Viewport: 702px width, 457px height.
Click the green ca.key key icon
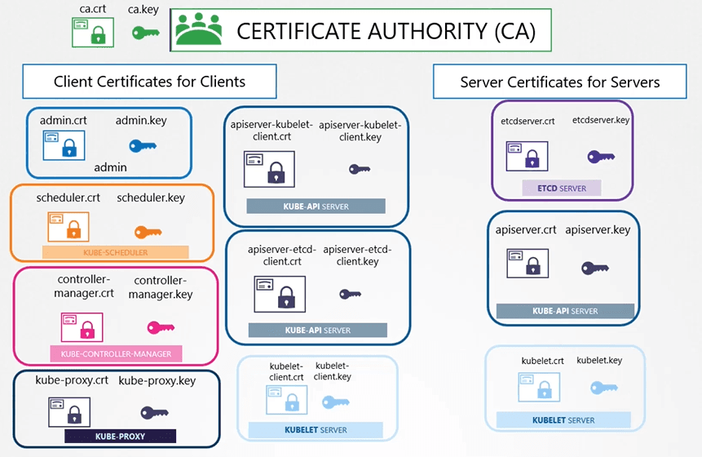[145, 33]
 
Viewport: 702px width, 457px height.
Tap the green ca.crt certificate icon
[93, 33]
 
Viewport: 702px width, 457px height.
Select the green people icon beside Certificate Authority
[198, 29]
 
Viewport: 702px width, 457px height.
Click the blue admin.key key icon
[143, 145]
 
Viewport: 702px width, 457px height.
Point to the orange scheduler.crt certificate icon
[68, 227]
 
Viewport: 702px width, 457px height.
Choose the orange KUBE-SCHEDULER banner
[116, 252]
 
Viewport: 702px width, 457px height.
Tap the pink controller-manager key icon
[161, 327]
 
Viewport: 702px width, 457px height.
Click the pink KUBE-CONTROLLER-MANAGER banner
[116, 353]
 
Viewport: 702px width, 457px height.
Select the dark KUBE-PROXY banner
[120, 436]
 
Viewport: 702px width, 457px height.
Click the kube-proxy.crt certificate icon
[69, 412]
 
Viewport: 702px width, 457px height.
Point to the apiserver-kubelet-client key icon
[360, 169]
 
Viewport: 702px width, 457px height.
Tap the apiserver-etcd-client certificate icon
[280, 294]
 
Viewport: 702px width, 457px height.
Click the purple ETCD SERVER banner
[562, 189]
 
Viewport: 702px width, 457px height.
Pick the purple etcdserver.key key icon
[601, 157]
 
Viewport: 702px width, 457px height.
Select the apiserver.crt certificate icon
[528, 264]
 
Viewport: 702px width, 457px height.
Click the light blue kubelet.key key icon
[604, 388]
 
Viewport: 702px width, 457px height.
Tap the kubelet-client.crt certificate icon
[286, 400]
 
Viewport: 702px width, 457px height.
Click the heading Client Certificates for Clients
[149, 82]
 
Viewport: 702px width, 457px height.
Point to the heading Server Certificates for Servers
[560, 82]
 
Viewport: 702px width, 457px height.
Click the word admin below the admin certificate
[110, 167]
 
